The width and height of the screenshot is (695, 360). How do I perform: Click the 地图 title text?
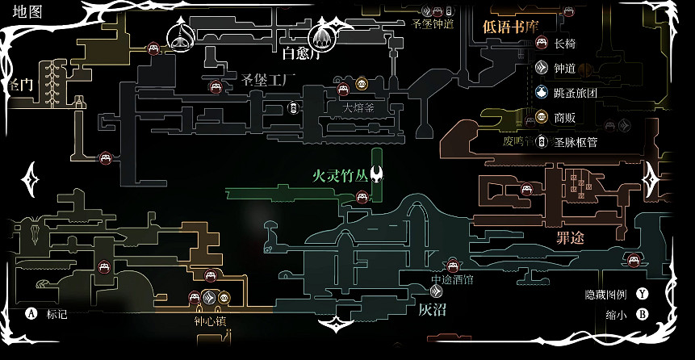[26, 10]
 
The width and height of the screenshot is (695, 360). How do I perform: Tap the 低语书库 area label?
[510, 26]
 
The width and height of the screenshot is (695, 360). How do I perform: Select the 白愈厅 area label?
[302, 55]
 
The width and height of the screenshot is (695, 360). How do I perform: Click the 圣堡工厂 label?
[270, 79]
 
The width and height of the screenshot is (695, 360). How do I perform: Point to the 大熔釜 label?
[358, 107]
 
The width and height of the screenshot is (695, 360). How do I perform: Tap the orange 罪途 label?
[571, 238]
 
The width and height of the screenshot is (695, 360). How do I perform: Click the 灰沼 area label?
[432, 309]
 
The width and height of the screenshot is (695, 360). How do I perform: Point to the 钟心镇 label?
[210, 320]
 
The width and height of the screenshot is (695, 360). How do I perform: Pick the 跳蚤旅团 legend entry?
[576, 93]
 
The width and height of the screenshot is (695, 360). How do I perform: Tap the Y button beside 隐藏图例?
[643, 294]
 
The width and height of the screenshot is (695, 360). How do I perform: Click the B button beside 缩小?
[643, 315]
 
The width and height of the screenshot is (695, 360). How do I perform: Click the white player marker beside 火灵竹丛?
[377, 174]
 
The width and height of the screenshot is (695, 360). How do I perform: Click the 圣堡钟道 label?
[433, 24]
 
